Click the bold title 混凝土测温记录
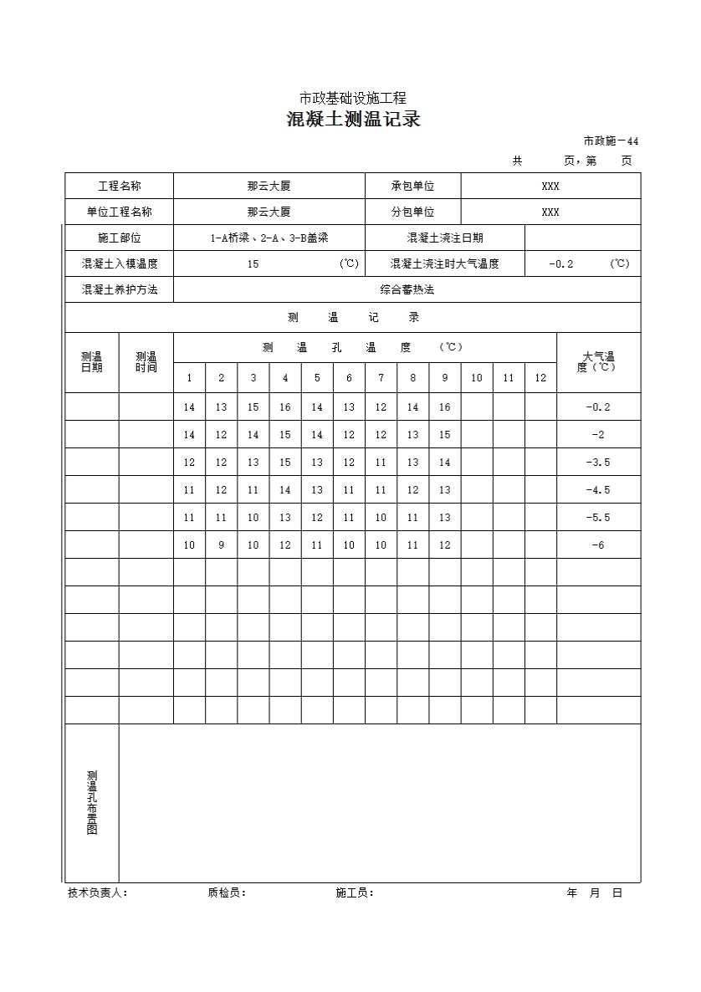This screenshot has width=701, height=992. point(353,120)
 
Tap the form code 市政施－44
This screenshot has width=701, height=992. point(611,141)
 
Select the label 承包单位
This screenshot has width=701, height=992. point(412,187)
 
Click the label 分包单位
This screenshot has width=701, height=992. point(412,212)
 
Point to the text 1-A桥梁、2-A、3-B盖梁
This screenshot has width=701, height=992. point(269,238)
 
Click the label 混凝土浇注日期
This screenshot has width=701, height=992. point(444,238)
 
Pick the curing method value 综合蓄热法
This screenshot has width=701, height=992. point(407,290)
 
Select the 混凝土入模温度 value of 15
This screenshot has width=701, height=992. point(253,264)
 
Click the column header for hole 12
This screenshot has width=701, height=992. point(540,378)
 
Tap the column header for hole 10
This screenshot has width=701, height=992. point(477,378)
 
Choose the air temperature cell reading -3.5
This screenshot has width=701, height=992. point(598,463)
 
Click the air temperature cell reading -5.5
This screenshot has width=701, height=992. point(598,518)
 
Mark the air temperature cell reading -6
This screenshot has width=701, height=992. point(598,545)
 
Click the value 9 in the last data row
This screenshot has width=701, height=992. point(222,545)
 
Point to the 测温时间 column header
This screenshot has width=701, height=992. point(146,362)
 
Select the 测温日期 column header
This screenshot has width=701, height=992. point(92,362)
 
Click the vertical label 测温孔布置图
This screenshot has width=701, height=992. point(92,802)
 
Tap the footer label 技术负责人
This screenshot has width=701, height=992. point(97,893)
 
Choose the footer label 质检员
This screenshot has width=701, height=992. point(227,893)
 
